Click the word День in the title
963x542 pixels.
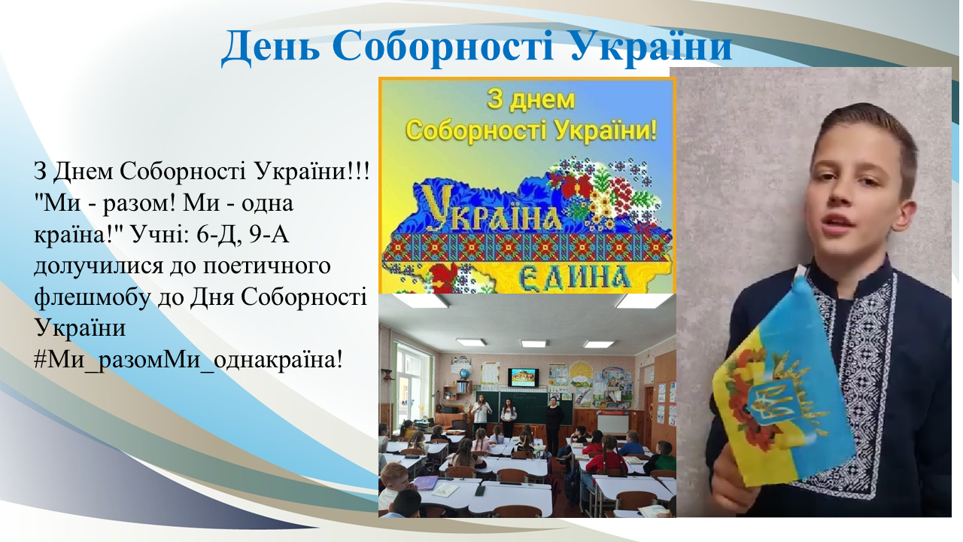[270, 47]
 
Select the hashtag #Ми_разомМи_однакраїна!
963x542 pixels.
[188, 360]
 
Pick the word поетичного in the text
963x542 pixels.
[266, 266]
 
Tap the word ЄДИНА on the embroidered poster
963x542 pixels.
[576, 277]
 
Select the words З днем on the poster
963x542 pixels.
[530, 100]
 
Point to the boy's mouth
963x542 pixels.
[834, 224]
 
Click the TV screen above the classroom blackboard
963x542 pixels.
[523, 377]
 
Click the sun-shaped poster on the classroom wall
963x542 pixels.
[581, 375]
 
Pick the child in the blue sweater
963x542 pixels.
[631, 444]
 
